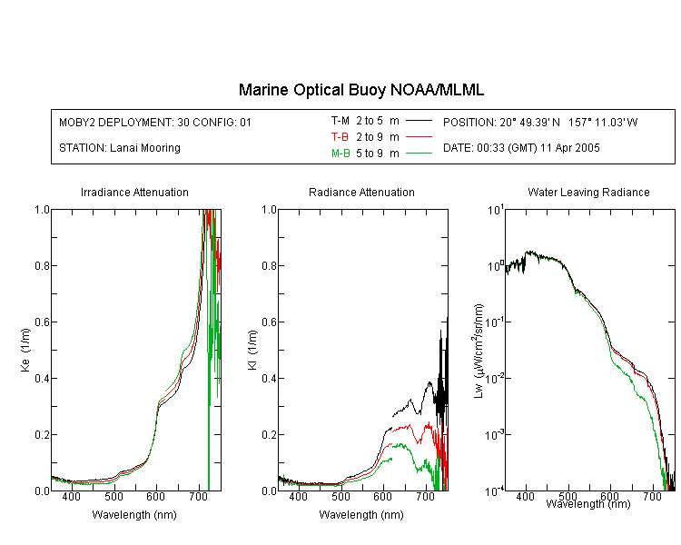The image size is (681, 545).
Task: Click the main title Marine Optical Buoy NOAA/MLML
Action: (361, 91)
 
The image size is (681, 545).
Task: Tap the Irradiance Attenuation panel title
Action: (134, 192)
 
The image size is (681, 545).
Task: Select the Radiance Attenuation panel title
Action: (361, 192)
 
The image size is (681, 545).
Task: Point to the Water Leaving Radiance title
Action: (588, 192)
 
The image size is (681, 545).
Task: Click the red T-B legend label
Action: (340, 137)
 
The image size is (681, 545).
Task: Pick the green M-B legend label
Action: (340, 154)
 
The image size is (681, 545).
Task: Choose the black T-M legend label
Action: (340, 121)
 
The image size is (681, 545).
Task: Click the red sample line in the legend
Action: (419, 137)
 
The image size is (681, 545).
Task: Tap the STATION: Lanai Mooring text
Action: (120, 148)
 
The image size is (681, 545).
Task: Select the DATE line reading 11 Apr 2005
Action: (521, 148)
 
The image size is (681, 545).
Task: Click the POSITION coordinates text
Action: (540, 122)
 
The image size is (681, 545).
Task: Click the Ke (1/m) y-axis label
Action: (25, 350)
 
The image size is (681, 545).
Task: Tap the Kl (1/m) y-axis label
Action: (252, 350)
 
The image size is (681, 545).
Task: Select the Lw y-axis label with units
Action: (479, 351)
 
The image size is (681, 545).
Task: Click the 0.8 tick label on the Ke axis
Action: (42, 265)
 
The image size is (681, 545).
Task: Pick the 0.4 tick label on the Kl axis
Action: (270, 378)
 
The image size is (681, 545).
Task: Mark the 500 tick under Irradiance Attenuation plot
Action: (113, 496)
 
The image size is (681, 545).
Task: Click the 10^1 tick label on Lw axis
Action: (495, 210)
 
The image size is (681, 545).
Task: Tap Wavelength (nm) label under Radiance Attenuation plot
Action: (361, 515)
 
